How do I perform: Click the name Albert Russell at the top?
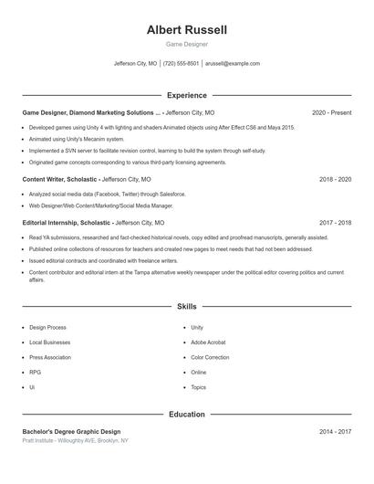186,30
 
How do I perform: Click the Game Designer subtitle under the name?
186,44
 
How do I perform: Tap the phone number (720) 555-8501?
181,64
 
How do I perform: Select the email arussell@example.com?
233,64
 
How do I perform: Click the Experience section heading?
187,95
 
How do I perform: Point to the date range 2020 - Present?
331,112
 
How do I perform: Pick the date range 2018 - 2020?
335,180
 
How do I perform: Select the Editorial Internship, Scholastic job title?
67,222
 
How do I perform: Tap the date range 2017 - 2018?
335,222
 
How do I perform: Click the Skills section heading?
187,307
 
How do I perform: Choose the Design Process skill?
47,327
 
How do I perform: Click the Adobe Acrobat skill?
208,342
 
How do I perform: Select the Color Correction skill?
210,357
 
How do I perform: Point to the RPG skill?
35,373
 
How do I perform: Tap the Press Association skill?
50,357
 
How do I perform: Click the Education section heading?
187,414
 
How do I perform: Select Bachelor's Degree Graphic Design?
71,431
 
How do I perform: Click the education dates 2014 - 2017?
335,431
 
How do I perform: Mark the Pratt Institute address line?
75,440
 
